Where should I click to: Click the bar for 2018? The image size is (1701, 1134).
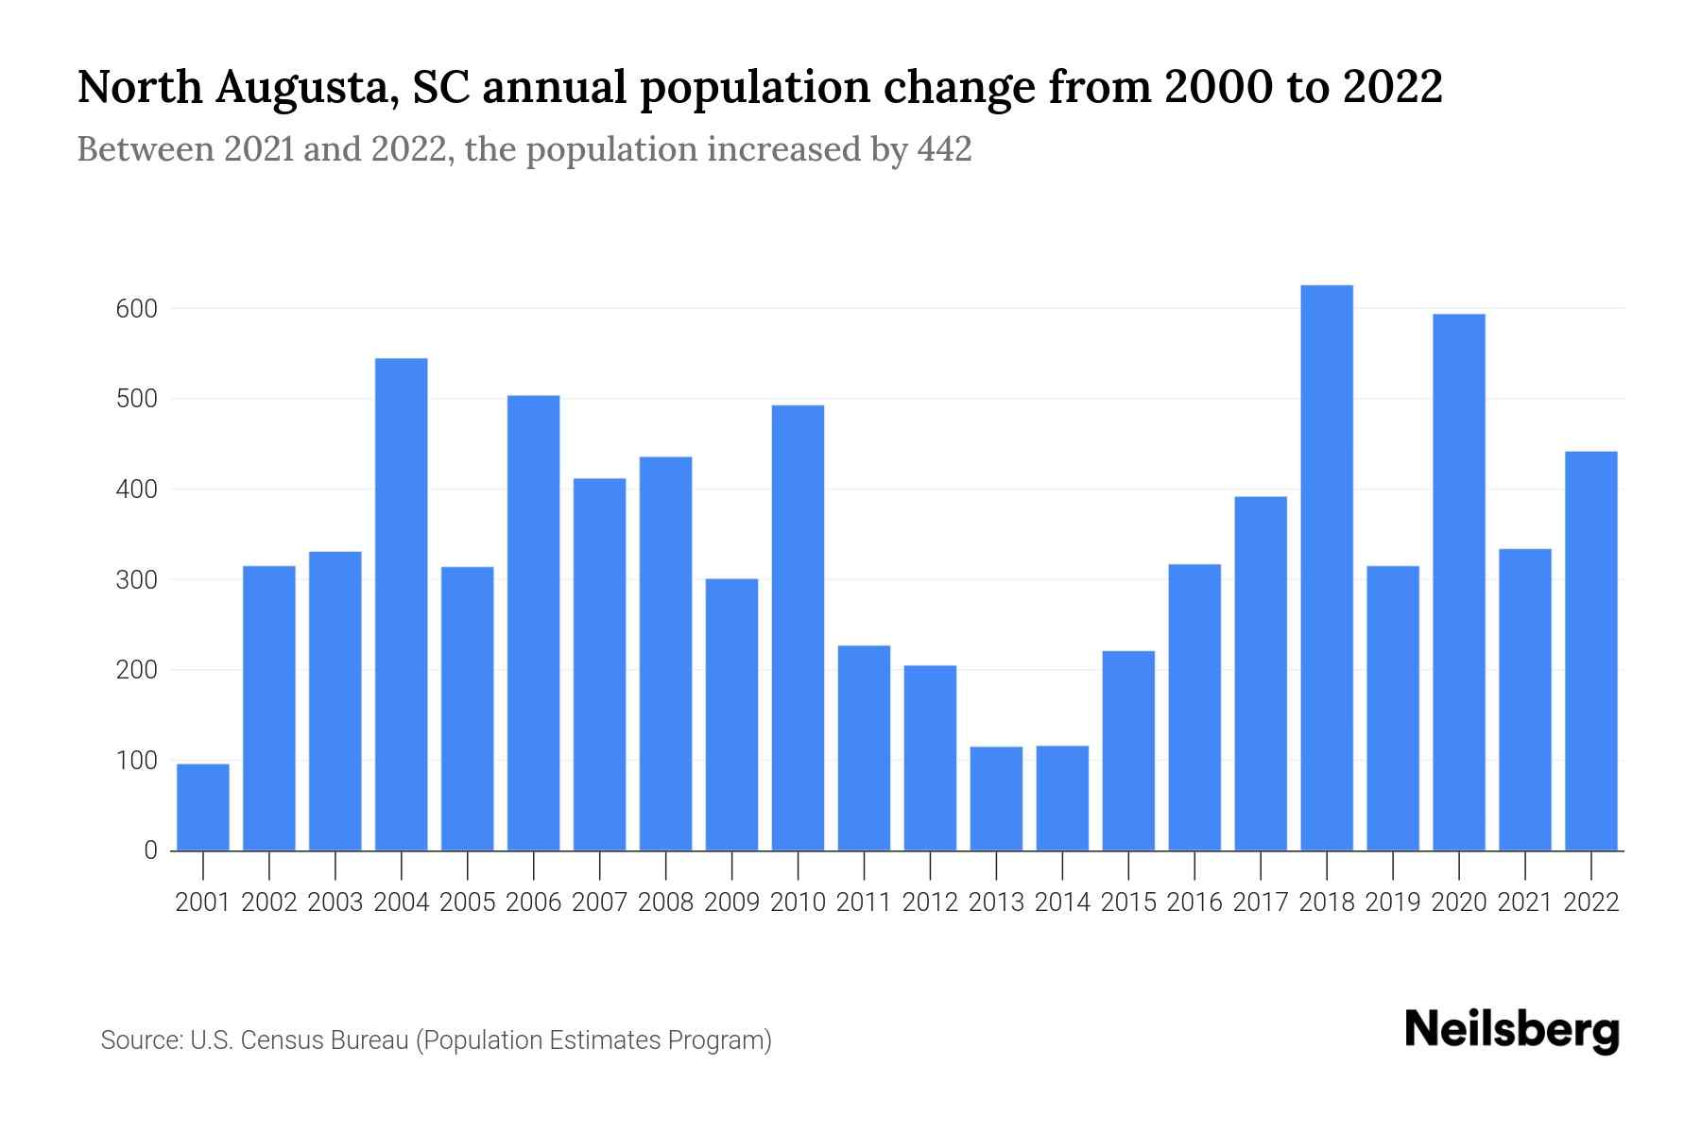1327,567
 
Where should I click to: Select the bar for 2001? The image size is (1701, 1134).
203,807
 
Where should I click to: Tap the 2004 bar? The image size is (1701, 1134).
402,605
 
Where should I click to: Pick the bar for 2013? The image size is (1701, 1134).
996,799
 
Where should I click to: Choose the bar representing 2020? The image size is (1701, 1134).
1459,582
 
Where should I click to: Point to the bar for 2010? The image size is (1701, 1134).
798,627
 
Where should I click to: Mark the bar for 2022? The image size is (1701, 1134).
1591,651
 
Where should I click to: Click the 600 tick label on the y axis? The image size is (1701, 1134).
136,309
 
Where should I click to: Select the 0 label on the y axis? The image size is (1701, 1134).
150,850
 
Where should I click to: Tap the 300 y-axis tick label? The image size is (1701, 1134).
136,580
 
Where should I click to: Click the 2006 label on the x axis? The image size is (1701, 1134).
534,902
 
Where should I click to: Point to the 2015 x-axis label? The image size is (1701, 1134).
1128,902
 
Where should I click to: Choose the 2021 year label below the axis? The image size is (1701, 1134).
1525,902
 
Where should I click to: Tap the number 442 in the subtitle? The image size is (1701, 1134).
944,149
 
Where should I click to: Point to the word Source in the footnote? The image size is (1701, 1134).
141,1040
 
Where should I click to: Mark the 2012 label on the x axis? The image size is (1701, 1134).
930,902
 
